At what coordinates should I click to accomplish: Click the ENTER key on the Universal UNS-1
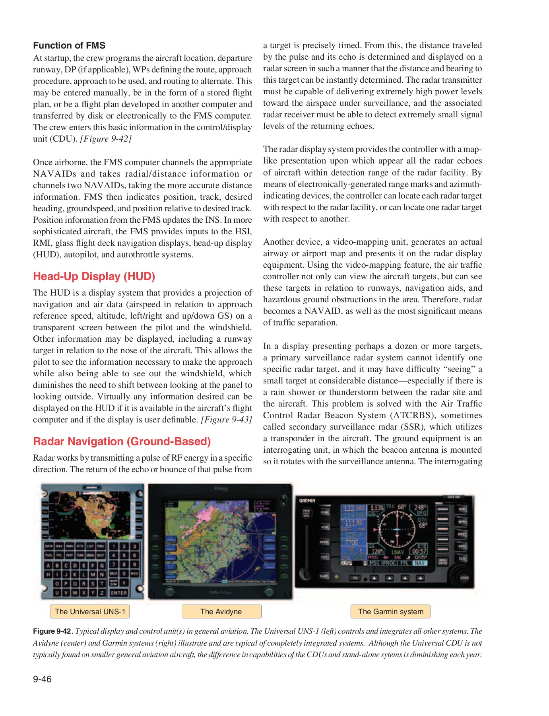118,593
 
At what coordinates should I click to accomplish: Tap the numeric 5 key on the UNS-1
124,555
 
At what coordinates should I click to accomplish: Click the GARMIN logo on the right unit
307,500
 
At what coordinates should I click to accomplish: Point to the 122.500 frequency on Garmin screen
354,508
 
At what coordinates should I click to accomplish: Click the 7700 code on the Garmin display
352,542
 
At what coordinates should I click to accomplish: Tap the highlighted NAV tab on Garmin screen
420,563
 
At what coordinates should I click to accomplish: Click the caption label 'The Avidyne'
221,611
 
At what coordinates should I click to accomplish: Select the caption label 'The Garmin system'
390,611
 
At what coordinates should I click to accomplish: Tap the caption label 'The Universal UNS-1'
90,611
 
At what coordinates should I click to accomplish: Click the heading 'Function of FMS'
69,45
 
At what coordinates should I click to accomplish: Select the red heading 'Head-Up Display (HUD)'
94,276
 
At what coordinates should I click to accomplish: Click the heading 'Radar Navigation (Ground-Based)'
122,442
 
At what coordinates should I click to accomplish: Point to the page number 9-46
42,679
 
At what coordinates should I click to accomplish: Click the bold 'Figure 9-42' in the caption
52,631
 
